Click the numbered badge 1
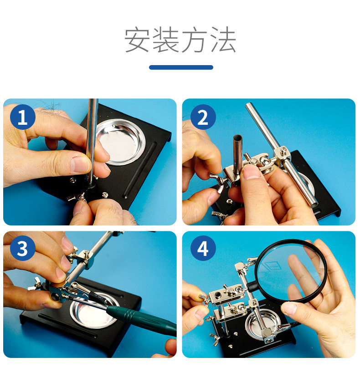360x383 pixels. click(23, 117)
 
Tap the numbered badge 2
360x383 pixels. click(203, 117)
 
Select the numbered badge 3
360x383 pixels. click(23, 248)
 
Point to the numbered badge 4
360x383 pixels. click(203, 248)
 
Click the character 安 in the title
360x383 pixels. click(137, 40)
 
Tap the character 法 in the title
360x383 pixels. click(223, 40)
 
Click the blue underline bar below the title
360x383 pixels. click(181, 67)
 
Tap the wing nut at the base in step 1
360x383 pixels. click(76, 197)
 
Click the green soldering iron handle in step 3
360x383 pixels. click(142, 318)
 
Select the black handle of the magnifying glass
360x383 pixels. click(252, 286)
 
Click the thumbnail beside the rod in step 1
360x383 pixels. click(79, 164)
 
